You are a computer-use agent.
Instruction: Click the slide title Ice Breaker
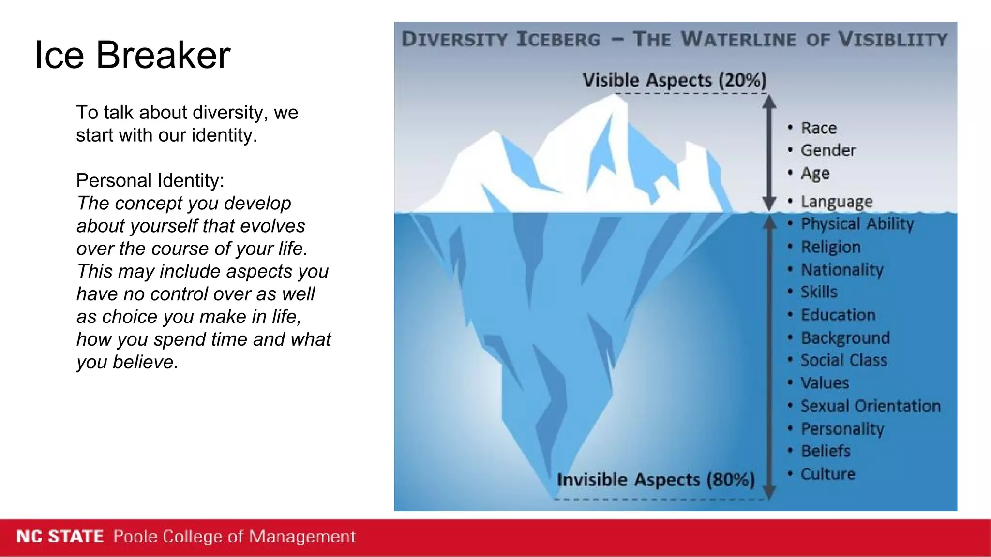pos(132,55)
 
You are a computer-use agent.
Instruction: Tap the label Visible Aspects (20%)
pos(674,80)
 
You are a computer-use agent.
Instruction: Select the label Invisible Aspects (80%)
pos(656,480)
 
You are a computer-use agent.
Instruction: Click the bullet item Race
pos(818,128)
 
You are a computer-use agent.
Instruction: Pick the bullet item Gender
pos(828,150)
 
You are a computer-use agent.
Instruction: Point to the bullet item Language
pos(836,202)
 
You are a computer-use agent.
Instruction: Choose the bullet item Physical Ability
pos(857,224)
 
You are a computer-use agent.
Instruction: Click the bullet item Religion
pos(830,247)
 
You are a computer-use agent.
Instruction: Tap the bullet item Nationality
pos(842,269)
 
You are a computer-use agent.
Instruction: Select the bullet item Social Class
pos(843,360)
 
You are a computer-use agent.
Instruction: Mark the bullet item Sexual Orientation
pos(870,406)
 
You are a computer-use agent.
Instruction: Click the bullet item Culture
pos(827,474)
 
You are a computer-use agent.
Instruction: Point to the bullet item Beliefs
pos(825,451)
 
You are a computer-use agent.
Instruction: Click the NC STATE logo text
pos(60,537)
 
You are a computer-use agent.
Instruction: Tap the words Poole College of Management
pos(234,537)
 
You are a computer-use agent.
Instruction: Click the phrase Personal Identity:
pos(150,180)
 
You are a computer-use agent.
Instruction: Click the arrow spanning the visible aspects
pos(769,152)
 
